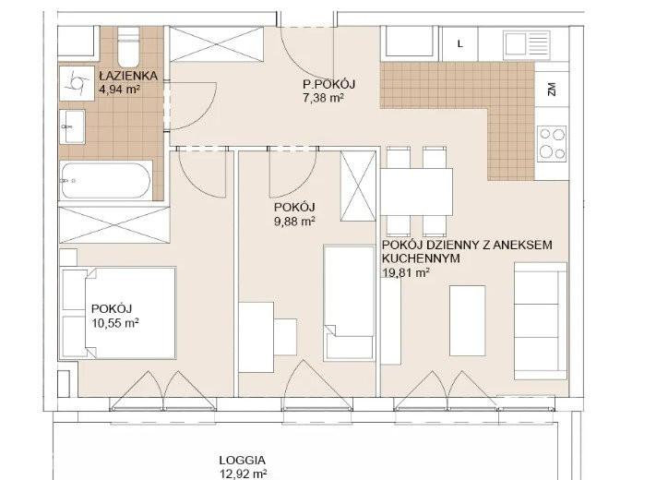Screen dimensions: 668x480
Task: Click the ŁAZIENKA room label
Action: click(128, 76)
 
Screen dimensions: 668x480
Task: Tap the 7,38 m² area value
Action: click(323, 98)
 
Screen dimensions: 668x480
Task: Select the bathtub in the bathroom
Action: click(106, 181)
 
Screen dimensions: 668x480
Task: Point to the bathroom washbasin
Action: click(72, 126)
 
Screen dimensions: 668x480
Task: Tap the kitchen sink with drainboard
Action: click(526, 44)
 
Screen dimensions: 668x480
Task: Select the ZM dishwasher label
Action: click(552, 90)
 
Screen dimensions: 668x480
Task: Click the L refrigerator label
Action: click(459, 44)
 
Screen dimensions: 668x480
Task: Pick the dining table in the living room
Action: click(417, 192)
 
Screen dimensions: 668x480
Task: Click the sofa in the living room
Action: click(541, 320)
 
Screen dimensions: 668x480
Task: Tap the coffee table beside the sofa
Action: click(468, 320)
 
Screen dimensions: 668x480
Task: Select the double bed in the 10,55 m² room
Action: click(118, 313)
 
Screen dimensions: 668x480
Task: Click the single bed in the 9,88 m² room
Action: click(349, 303)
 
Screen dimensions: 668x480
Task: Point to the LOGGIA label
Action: click(243, 461)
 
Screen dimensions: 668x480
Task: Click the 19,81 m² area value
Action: click(406, 273)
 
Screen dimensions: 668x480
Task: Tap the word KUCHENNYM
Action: click(421, 258)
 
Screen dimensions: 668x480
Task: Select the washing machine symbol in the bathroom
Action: click(77, 83)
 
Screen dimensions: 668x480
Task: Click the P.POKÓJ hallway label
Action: click(328, 84)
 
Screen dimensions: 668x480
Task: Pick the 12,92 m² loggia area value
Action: click(244, 474)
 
